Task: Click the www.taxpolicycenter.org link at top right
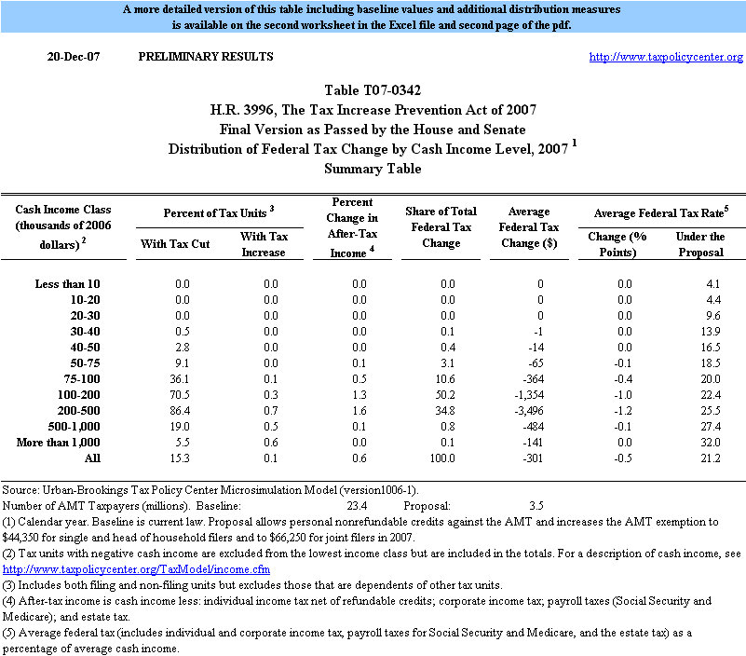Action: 666,57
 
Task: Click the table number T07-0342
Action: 373,90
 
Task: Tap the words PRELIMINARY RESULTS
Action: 206,57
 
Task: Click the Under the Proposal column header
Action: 700,245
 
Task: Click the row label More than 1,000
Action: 58,442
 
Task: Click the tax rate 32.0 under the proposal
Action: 711,442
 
